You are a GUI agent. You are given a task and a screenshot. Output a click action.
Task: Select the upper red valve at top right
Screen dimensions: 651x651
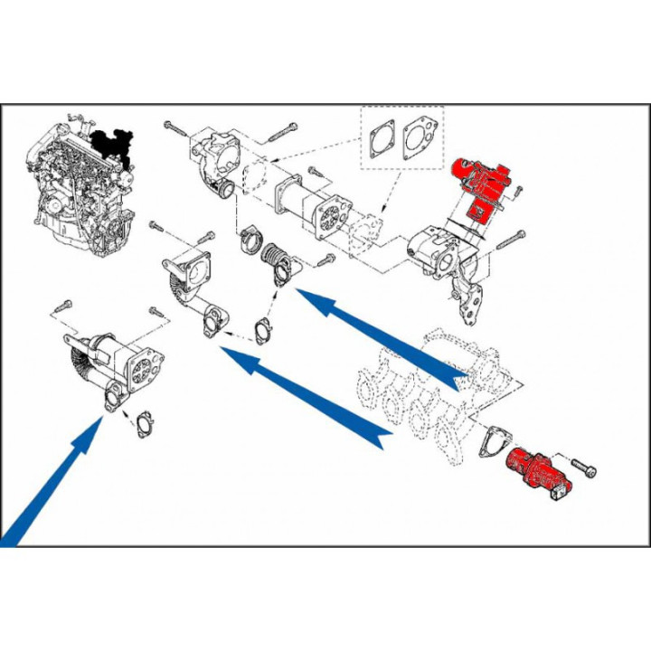tap(481, 186)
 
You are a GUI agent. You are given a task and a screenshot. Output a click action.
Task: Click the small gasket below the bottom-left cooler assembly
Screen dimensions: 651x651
tap(143, 424)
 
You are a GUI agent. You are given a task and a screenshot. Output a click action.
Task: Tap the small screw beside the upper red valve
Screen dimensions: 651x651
tap(518, 189)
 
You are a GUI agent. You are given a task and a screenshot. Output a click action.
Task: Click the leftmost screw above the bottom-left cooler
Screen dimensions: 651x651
tap(63, 305)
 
